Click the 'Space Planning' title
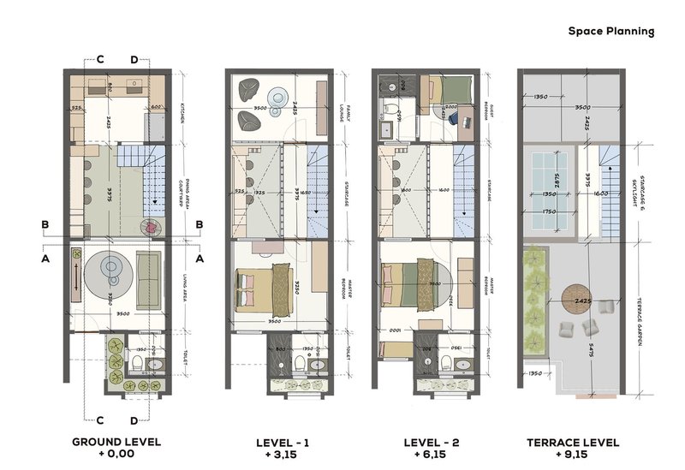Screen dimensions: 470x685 click(x=611, y=32)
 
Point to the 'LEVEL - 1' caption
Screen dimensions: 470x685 click(x=282, y=442)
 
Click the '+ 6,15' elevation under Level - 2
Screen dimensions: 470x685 click(x=432, y=455)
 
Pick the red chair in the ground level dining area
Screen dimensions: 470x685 click(x=152, y=229)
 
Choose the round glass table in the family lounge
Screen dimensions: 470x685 click(x=277, y=100)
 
